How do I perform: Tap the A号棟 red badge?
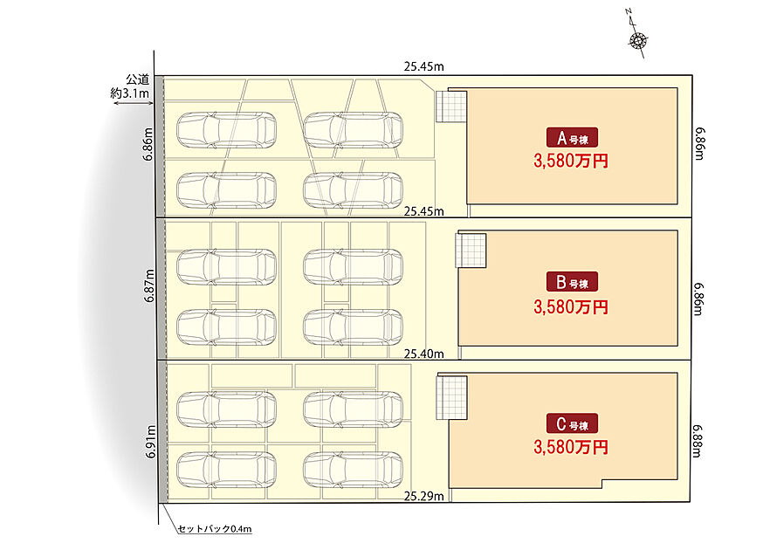click(572, 138)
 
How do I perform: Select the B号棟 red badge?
click(572, 282)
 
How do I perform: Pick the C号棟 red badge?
click(572, 423)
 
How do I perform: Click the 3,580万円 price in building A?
click(571, 161)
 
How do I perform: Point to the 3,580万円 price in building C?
click(571, 447)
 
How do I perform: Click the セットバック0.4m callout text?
click(215, 529)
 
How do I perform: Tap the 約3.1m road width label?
click(129, 93)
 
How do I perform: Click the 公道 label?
click(138, 79)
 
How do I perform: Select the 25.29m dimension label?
click(423, 496)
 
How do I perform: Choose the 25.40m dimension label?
click(423, 354)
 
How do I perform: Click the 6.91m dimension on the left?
click(151, 442)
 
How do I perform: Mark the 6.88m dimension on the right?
click(697, 441)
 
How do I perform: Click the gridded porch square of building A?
click(450, 107)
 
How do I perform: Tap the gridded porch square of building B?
click(471, 251)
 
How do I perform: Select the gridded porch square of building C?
click(452, 398)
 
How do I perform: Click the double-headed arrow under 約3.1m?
click(133, 103)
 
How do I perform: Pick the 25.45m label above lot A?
click(423, 66)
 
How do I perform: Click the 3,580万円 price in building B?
click(571, 307)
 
